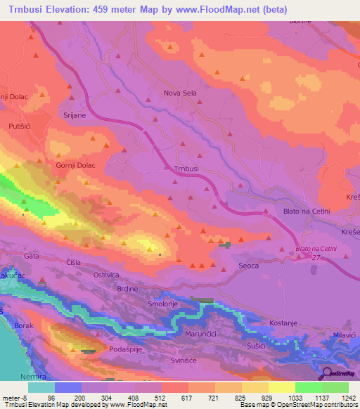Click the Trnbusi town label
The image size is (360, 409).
187,169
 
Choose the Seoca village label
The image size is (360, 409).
249,266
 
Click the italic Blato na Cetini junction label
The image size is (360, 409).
317,249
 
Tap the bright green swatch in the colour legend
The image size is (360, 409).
308,387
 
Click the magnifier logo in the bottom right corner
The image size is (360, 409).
328,375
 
